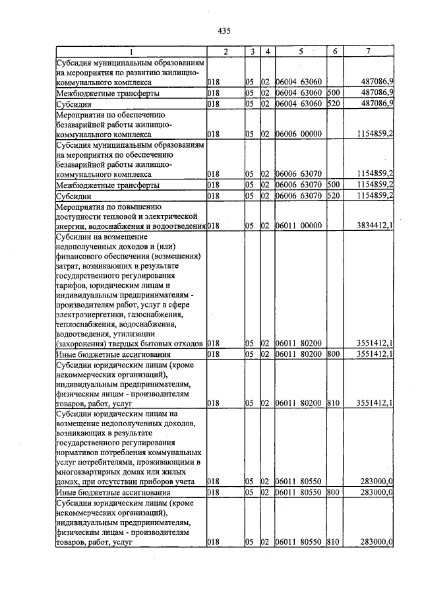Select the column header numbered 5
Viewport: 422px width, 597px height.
pyautogui.click(x=300, y=51)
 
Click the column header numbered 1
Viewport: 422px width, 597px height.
pyautogui.click(x=131, y=51)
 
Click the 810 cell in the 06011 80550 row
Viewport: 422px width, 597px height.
pyautogui.click(x=333, y=542)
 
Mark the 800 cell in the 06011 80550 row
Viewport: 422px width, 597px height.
pyautogui.click(x=333, y=492)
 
